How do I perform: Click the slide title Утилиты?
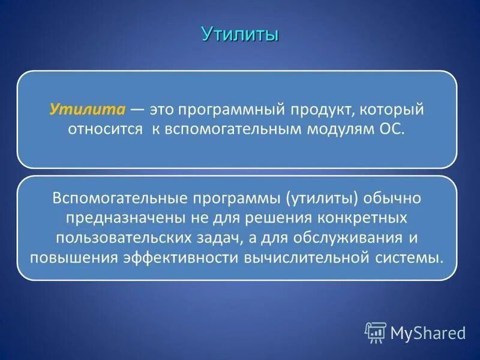(240, 34)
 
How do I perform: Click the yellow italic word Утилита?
(87, 110)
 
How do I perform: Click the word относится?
(96, 130)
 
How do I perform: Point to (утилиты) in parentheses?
(322, 197)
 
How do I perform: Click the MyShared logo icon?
(376, 332)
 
